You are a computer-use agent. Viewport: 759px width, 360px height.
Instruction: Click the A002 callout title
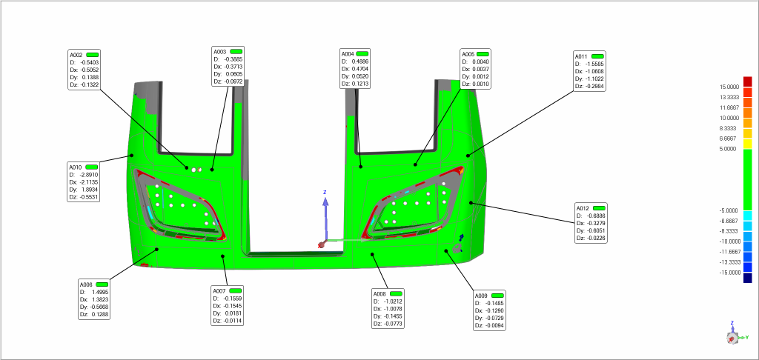tap(76, 55)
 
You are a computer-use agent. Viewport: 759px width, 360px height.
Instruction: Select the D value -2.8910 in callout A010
tap(89, 175)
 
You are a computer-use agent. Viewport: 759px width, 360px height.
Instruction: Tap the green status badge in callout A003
tap(236, 51)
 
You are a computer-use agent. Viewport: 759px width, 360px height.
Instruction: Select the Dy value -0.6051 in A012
tap(595, 230)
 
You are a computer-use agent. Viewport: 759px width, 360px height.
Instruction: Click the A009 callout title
tap(481, 296)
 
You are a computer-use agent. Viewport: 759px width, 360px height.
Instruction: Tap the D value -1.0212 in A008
tap(393, 301)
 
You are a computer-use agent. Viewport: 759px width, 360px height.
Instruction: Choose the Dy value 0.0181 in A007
tap(234, 313)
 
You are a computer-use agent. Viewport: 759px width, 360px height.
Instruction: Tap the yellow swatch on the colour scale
tap(748, 144)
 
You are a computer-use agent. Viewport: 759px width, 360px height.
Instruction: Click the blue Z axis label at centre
tap(325, 193)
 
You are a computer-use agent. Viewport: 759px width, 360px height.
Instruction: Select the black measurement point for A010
tap(131, 156)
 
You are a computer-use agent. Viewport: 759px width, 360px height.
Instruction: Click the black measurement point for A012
tap(471, 203)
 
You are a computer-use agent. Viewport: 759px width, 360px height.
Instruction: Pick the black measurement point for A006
tap(157, 249)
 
